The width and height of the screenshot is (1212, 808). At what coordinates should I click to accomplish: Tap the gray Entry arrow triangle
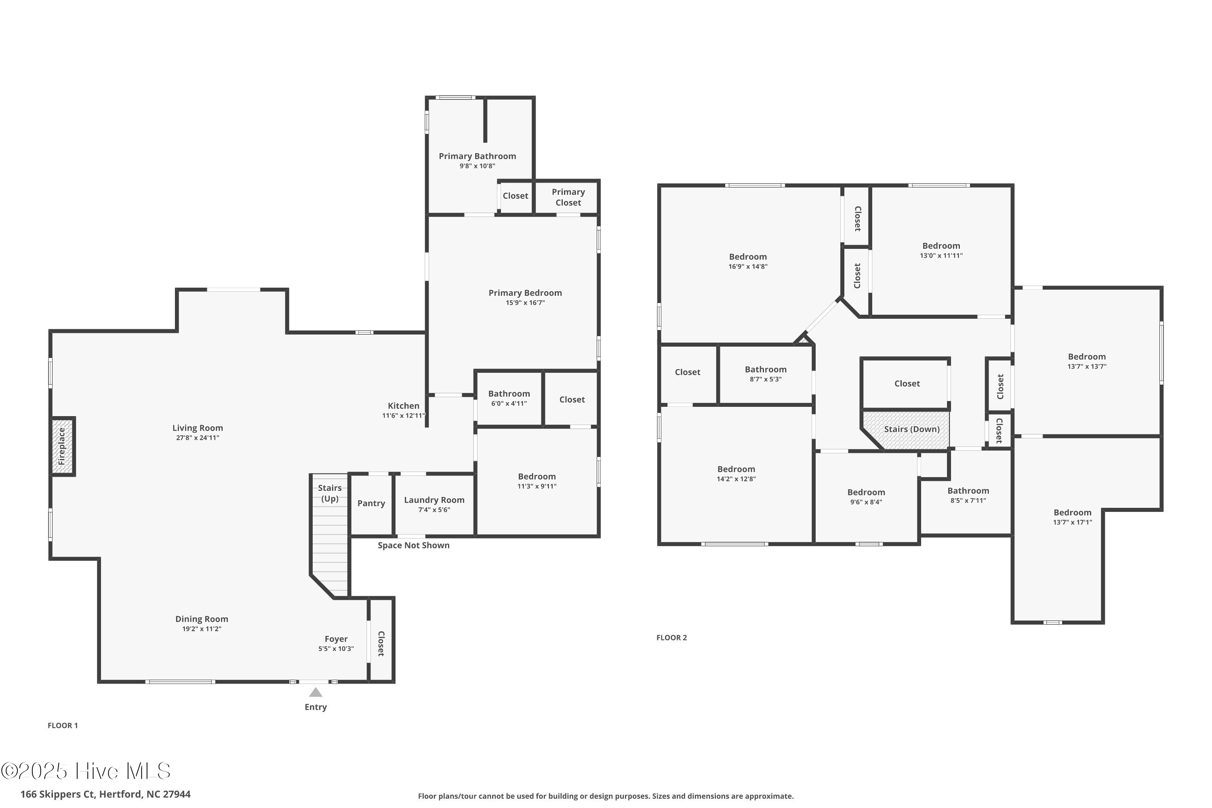pos(316,692)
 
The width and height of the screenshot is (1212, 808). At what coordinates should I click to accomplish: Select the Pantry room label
pos(371,503)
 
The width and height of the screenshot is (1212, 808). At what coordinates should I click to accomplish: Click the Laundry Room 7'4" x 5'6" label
pos(434,505)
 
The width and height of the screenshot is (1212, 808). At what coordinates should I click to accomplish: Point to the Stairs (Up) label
pos(330,493)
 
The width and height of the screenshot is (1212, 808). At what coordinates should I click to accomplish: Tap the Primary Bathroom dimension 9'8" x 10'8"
pos(477,166)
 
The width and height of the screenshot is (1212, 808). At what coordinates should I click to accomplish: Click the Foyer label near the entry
pos(336,639)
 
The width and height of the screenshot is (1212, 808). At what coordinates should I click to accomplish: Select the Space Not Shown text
pos(413,545)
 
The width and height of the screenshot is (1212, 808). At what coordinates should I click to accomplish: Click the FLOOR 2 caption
pos(671,638)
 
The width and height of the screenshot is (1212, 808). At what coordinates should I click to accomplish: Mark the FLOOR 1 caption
pos(62,726)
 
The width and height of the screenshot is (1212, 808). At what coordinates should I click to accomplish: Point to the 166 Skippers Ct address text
pos(105,794)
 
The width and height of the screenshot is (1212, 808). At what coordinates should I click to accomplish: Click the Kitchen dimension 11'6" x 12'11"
pos(404,415)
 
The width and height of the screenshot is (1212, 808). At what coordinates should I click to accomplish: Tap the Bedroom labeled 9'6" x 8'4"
pos(866,497)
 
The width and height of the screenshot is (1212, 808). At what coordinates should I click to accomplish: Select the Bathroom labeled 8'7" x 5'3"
pos(765,374)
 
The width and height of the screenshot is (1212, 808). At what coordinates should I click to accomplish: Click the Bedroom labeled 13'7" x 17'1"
pos(1072,517)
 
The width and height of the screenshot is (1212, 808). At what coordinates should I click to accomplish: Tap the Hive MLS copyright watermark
pos(86,771)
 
